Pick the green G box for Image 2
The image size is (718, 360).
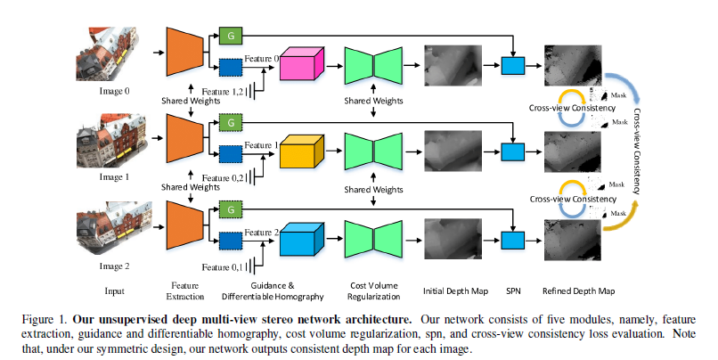[231, 209]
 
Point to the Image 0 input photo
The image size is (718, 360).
[113, 50]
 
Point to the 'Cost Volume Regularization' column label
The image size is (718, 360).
[374, 291]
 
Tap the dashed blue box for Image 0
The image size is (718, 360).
[231, 66]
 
